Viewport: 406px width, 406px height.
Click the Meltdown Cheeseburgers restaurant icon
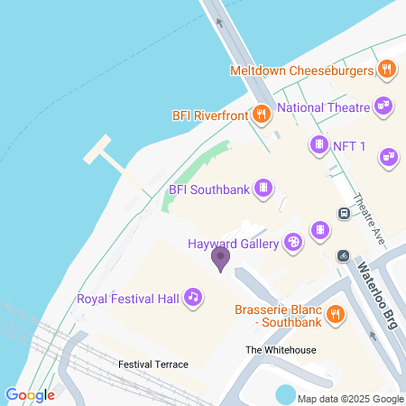pos(386,69)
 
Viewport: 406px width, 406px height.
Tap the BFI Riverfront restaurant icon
pos(261,114)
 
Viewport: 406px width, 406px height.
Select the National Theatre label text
pos(323,107)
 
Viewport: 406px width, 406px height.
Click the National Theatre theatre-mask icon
pos(383,106)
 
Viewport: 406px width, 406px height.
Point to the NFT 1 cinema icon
pos(318,144)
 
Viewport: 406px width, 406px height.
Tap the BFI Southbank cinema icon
pos(263,189)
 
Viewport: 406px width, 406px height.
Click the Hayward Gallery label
pos(234,244)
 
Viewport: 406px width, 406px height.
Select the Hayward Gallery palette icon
pos(292,242)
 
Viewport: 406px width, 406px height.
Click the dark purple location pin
pos(220,260)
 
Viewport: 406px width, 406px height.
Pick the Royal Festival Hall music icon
pos(192,297)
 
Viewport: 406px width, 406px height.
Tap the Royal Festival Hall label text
pos(128,298)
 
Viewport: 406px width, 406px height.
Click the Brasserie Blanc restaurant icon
pos(335,313)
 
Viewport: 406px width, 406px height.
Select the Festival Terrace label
pos(153,364)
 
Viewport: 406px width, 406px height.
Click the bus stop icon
pos(344,213)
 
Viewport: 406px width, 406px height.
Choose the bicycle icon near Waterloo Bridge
pos(343,256)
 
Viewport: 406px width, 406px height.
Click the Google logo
pos(30,395)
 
